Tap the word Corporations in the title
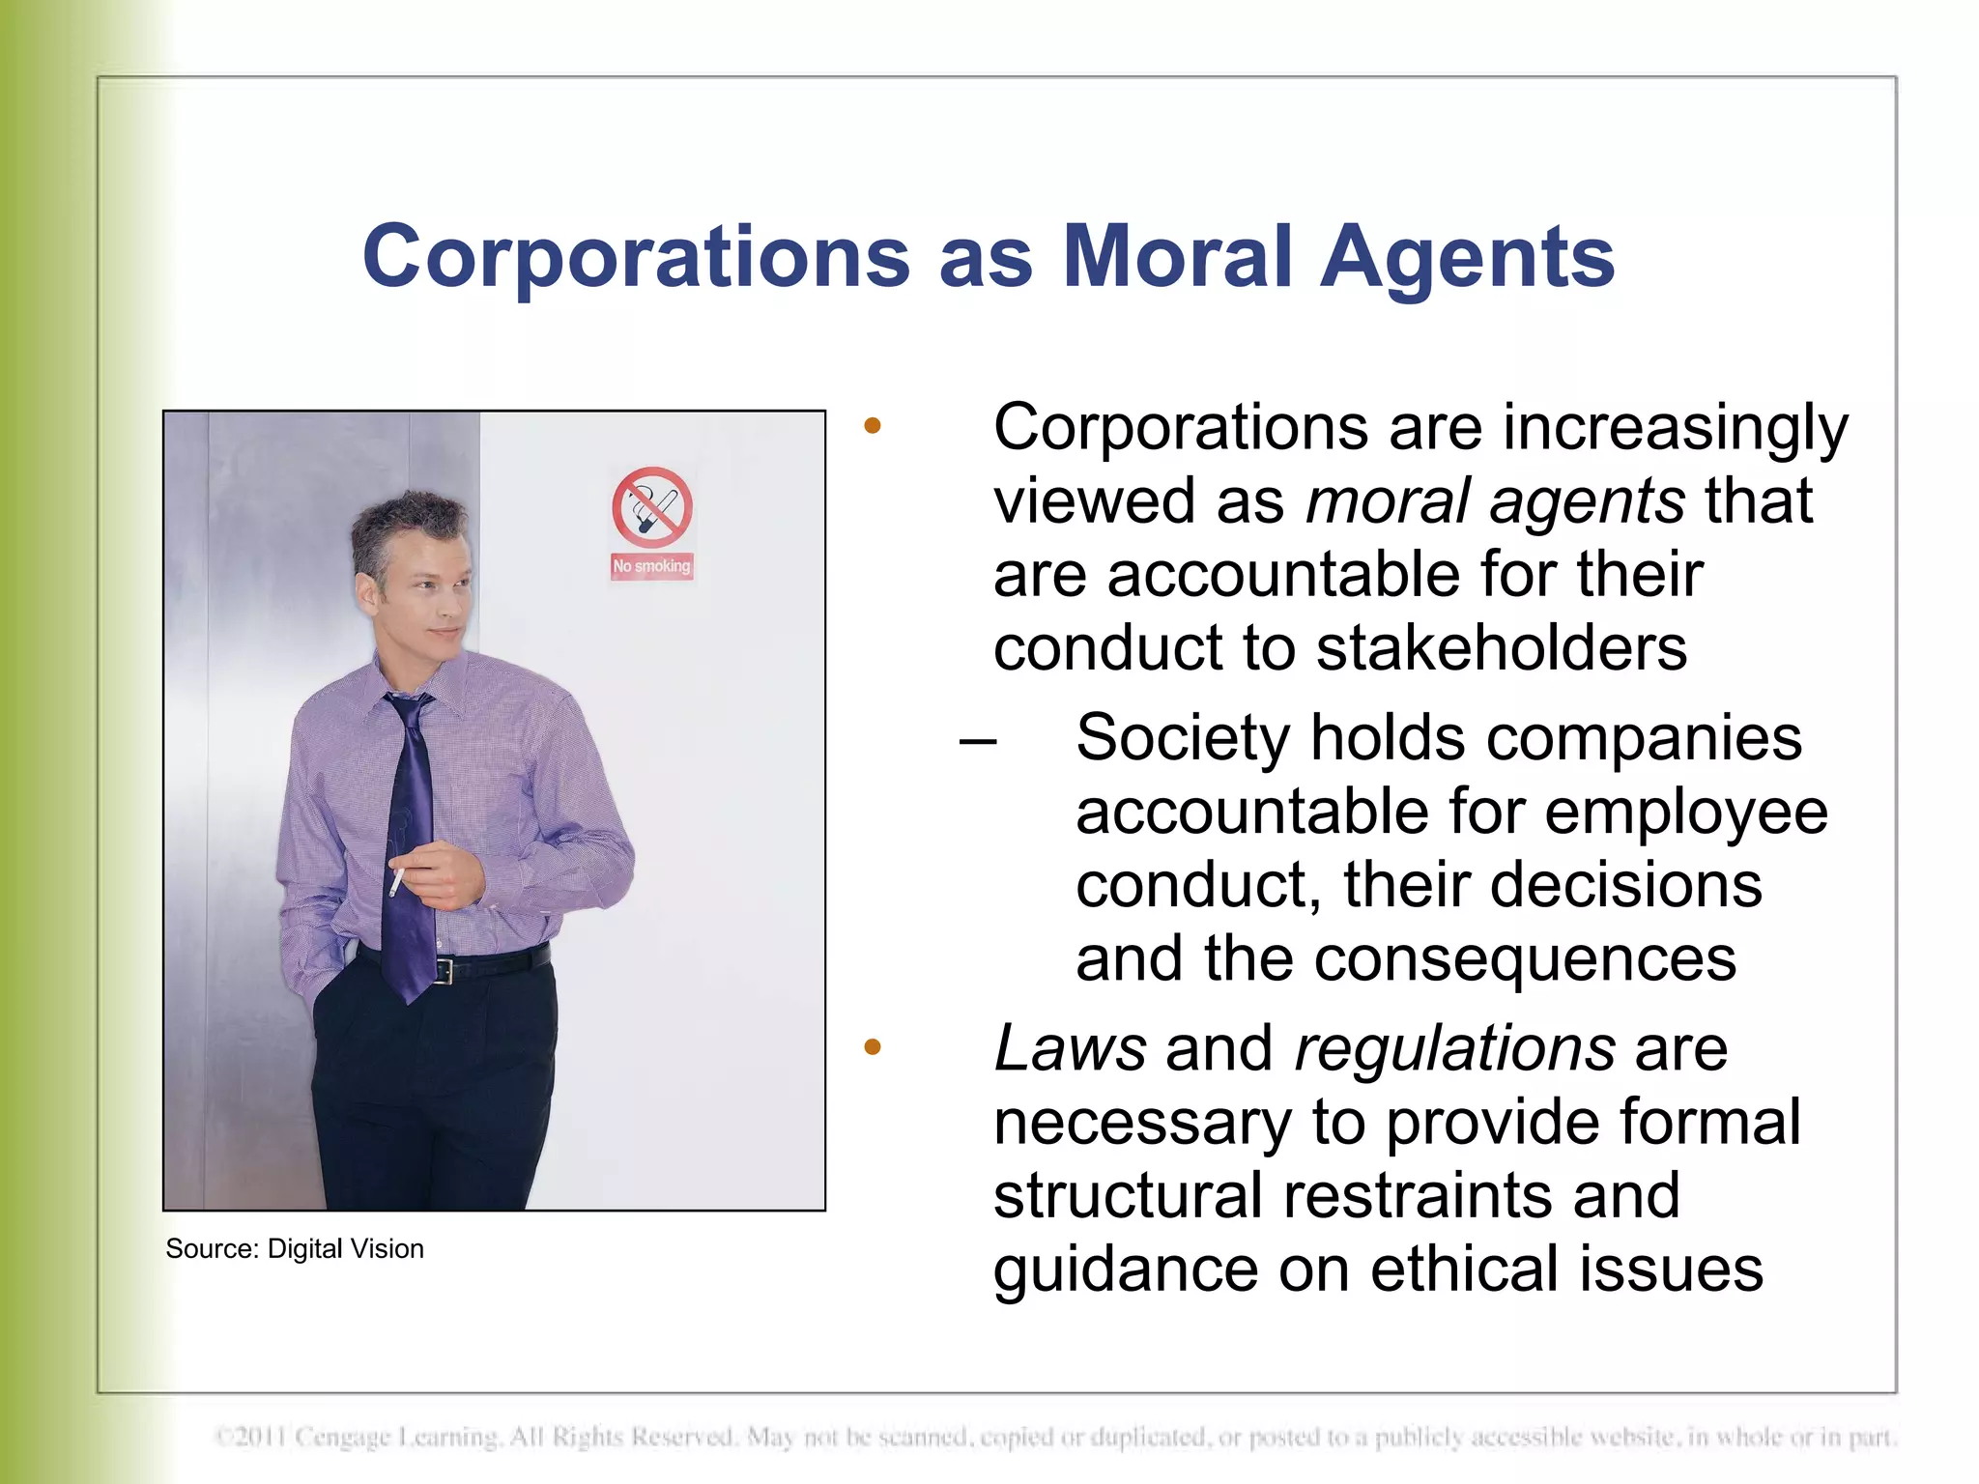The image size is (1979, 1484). [636, 257]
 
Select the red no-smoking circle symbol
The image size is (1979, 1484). [652, 507]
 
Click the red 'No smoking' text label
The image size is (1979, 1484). [652, 566]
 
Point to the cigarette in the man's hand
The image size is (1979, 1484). [396, 881]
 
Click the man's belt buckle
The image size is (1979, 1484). [444, 969]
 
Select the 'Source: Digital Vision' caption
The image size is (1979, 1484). [295, 1248]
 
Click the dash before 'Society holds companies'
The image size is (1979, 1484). [978, 741]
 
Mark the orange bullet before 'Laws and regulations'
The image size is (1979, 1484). [873, 1046]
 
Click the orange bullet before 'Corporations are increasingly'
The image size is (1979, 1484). [873, 426]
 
